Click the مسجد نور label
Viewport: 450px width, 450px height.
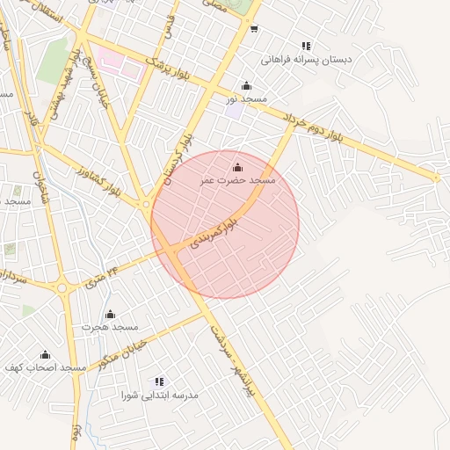tap(246, 101)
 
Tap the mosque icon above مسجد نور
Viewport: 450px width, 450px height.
tap(246, 86)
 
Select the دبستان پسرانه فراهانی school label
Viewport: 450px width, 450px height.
tap(307, 61)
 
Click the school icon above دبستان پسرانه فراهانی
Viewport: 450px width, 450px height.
tap(306, 46)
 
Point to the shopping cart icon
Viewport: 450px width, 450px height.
tap(254, 29)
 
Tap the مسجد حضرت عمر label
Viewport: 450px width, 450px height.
tap(237, 180)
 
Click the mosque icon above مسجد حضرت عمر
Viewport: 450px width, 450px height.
tap(237, 166)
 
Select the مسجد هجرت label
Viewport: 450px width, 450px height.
tap(111, 327)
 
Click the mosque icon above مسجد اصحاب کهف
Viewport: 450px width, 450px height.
tap(45, 354)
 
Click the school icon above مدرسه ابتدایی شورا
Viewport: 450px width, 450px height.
tap(159, 381)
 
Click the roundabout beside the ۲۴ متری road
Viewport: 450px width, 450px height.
tap(62, 287)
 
